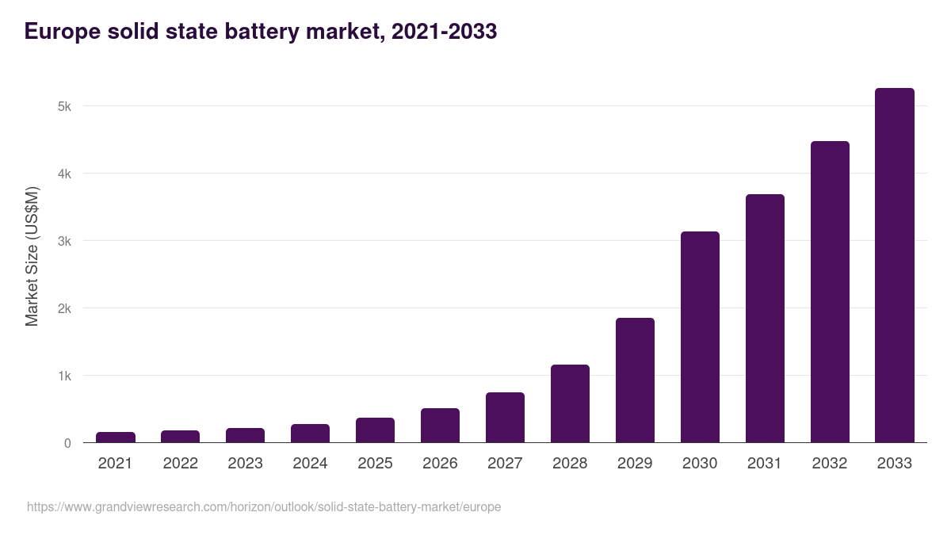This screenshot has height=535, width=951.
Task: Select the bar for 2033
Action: pyautogui.click(x=895, y=266)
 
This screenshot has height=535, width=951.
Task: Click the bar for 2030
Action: pyautogui.click(x=700, y=337)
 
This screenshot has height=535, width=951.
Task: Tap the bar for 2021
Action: pyautogui.click(x=116, y=438)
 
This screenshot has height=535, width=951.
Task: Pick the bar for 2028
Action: pyautogui.click(x=570, y=403)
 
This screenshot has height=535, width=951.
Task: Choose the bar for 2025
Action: pyautogui.click(x=375, y=430)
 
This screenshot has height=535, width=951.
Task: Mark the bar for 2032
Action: pyautogui.click(x=830, y=292)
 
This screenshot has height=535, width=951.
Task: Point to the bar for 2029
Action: pyautogui.click(x=635, y=380)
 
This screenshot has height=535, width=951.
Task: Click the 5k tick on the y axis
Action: pyautogui.click(x=64, y=106)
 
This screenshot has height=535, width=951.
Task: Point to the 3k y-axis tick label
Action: pyautogui.click(x=64, y=241)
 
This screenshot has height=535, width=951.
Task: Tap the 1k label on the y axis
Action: pyautogui.click(x=64, y=376)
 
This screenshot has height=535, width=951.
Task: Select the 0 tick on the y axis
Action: pyautogui.click(x=67, y=443)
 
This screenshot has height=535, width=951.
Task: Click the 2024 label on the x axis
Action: pyautogui.click(x=310, y=464)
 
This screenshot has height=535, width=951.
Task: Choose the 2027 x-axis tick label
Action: pyautogui.click(x=505, y=464)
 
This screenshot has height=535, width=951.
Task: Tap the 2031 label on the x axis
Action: pyautogui.click(x=765, y=464)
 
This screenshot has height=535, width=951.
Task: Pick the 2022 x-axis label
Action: pyautogui.click(x=180, y=464)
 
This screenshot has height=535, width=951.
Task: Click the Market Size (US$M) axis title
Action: pyautogui.click(x=32, y=256)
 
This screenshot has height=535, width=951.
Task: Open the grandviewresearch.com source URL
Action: pyautogui.click(x=264, y=506)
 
